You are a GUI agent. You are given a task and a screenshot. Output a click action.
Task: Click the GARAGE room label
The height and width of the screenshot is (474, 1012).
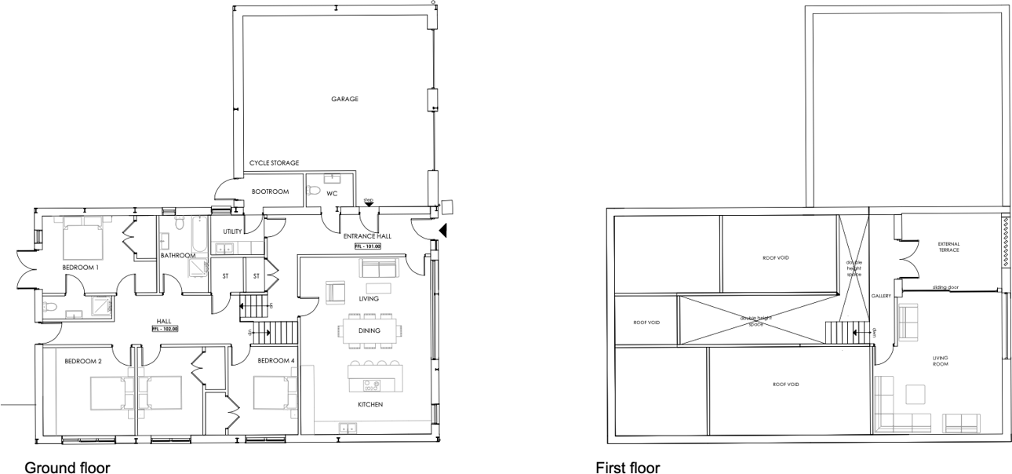[x=344, y=99]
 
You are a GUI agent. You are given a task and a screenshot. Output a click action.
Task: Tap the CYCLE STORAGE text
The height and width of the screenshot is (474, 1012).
[x=274, y=163]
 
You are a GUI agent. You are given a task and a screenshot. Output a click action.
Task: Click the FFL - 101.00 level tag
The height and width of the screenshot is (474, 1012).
[x=368, y=246]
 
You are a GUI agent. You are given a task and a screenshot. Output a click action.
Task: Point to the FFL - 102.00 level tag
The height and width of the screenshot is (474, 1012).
[x=165, y=329]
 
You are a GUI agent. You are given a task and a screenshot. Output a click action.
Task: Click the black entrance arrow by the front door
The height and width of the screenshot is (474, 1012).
[x=443, y=231]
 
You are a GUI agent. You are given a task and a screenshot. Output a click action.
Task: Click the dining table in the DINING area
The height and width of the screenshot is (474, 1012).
[x=369, y=330]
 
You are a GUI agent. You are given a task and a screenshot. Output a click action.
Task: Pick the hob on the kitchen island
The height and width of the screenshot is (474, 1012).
[x=371, y=385]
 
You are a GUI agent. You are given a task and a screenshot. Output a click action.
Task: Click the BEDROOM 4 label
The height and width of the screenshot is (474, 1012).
[x=276, y=360]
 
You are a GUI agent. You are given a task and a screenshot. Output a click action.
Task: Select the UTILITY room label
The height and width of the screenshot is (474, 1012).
[x=232, y=232]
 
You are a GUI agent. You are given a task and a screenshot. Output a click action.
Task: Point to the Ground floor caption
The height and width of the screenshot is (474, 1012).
[x=67, y=468]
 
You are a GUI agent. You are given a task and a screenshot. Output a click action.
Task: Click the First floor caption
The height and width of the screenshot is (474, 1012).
[x=628, y=468]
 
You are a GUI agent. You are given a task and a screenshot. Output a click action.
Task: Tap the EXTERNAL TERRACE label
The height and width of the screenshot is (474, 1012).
[x=948, y=246]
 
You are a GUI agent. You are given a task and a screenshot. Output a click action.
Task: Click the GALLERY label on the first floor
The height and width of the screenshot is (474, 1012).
[x=880, y=296]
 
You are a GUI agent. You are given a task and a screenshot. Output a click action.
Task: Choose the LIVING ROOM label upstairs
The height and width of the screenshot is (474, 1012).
[x=940, y=361]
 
